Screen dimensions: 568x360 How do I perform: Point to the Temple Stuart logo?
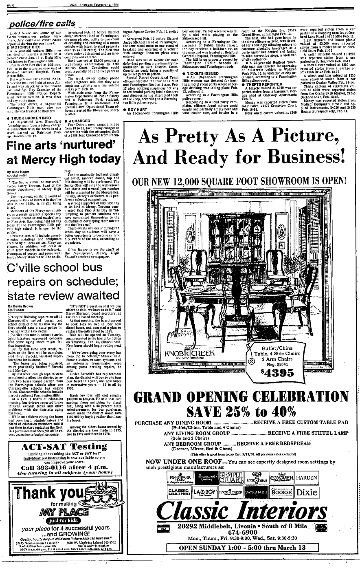point(231,478)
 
